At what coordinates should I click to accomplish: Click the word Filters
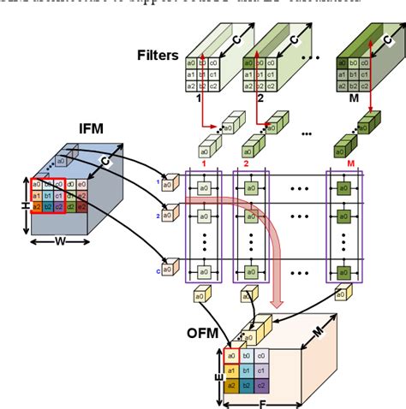[x=157, y=56]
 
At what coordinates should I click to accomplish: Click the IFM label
[x=90, y=128]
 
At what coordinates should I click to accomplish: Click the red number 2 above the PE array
[x=247, y=162]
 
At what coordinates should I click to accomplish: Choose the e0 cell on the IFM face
[x=81, y=184]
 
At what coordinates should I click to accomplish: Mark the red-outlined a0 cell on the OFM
[x=232, y=356]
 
